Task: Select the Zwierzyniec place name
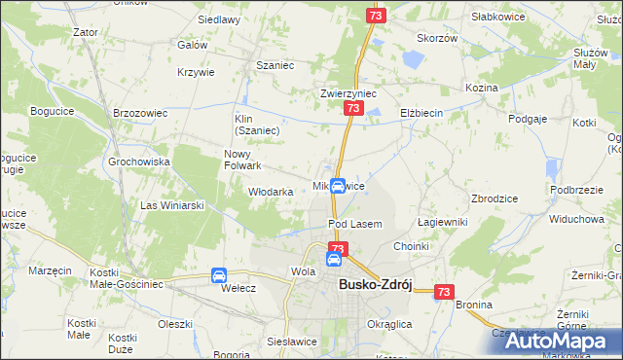348,93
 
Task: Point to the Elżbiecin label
421,113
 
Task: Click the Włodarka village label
271,192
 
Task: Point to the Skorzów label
437,38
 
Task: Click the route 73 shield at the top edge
377,16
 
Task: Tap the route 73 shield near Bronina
445,291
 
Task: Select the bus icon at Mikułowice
338,186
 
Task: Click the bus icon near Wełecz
220,275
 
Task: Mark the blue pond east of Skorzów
413,59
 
